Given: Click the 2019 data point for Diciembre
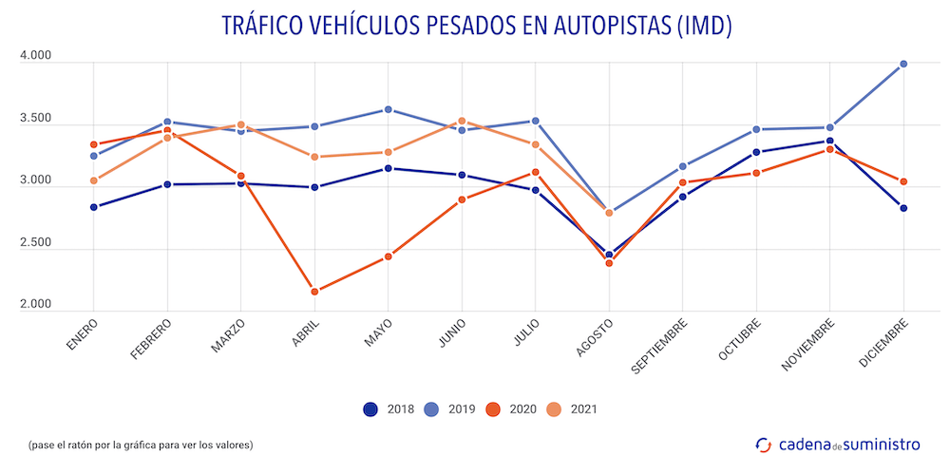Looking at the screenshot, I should pyautogui.click(x=903, y=65).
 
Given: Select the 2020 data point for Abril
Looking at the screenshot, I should pyautogui.click(x=314, y=292).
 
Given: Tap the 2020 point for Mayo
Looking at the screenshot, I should pyautogui.click(x=389, y=256).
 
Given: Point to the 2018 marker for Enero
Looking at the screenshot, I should pyautogui.click(x=94, y=207).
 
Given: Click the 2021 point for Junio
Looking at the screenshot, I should pyautogui.click(x=462, y=122).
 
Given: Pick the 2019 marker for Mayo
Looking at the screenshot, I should pyautogui.click(x=389, y=110).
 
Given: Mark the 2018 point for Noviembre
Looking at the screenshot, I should pyautogui.click(x=830, y=142).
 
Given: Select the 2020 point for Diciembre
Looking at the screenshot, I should pyautogui.click(x=903, y=181).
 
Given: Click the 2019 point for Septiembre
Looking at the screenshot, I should pyautogui.click(x=683, y=167).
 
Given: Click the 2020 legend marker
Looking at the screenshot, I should pyautogui.click(x=493, y=409).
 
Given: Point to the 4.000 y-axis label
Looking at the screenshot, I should pyautogui.click(x=35, y=57).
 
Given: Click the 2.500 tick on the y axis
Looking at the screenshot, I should pyautogui.click(x=35, y=243).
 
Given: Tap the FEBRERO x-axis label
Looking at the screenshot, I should pyautogui.click(x=153, y=340).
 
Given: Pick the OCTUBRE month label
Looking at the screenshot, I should pyautogui.click(x=740, y=340).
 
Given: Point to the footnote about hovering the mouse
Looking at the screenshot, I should pyautogui.click(x=142, y=445).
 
